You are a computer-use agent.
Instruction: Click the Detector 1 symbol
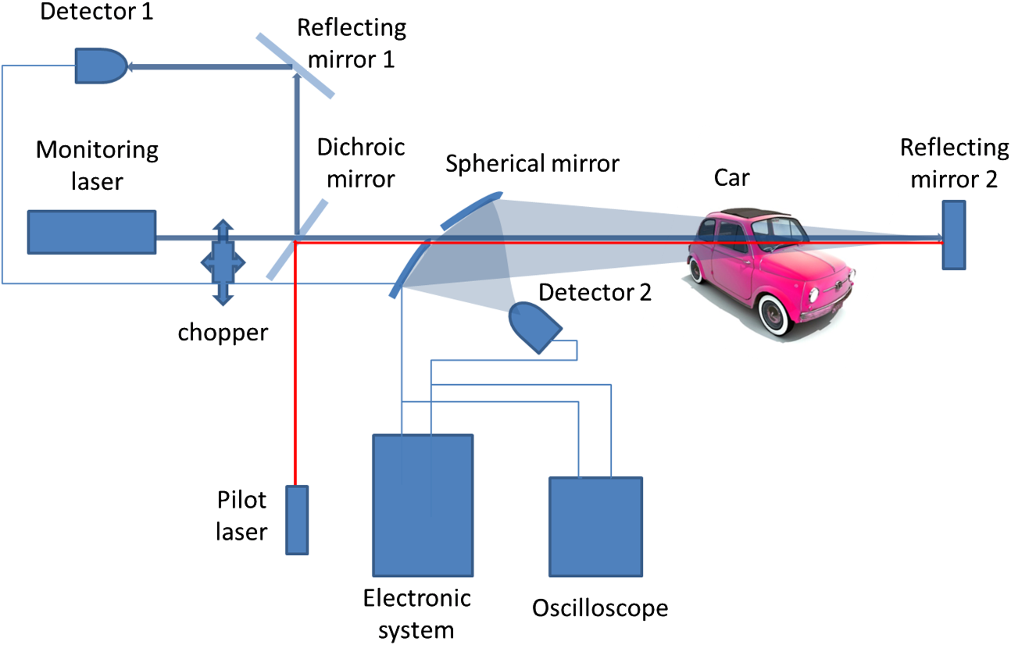pos(100,66)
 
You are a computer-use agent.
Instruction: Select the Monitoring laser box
pos(91,232)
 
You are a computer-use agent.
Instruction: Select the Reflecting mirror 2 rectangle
pos(953,235)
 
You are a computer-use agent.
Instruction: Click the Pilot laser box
pos(296,519)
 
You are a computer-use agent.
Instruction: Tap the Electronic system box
pos(423,505)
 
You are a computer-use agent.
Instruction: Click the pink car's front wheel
pos(776,313)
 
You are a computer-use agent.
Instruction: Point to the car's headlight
pos(813,295)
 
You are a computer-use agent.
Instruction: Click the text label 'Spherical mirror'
pos(532,164)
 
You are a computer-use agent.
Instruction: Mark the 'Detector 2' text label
pos(594,293)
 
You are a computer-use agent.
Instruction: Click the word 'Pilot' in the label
pos(242,501)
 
